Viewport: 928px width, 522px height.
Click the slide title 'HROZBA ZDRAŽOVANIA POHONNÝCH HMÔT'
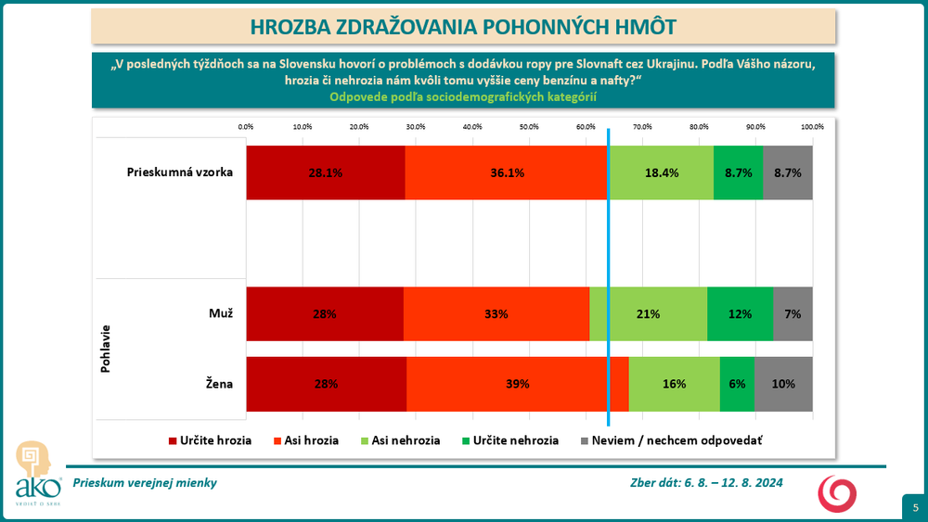click(463, 26)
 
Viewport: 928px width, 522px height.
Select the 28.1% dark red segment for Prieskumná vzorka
click(326, 172)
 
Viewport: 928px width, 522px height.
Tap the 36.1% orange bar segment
click(508, 172)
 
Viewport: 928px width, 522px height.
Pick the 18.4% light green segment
click(661, 172)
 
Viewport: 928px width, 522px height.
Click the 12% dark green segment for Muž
click(740, 314)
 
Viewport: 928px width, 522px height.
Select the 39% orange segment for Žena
click(517, 384)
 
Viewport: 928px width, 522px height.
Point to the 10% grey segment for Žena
click(783, 384)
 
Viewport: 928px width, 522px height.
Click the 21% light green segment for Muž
click(648, 314)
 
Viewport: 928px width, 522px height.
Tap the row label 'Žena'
click(220, 384)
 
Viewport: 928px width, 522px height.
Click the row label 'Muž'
click(221, 313)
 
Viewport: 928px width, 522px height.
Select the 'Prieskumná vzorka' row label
click(180, 172)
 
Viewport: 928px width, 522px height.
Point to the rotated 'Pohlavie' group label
click(105, 349)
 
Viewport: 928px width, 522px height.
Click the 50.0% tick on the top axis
click(529, 126)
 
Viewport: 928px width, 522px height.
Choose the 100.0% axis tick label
click(812, 126)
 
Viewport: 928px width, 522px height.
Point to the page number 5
click(915, 507)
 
